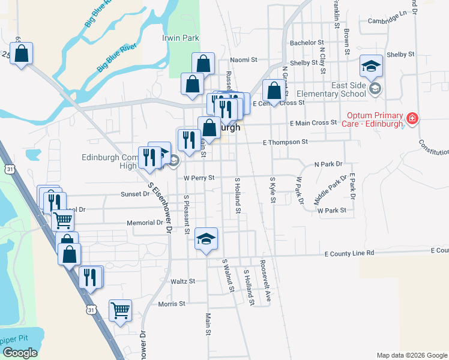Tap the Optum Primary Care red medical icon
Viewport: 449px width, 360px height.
click(x=412, y=118)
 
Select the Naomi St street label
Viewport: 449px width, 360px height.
click(x=244, y=60)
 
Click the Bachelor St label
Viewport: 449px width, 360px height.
click(x=307, y=43)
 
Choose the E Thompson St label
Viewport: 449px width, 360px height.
click(x=285, y=142)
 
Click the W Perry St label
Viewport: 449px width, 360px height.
click(x=199, y=178)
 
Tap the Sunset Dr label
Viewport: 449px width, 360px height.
click(x=135, y=194)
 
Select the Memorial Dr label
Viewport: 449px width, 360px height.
click(x=145, y=223)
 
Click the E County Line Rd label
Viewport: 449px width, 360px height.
click(x=345, y=253)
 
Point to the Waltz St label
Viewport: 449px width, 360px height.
click(x=183, y=281)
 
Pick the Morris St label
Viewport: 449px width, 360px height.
click(x=172, y=304)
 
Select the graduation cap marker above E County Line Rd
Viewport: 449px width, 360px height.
click(x=206, y=240)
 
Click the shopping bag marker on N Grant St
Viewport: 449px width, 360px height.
click(x=274, y=91)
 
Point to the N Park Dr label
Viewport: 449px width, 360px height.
click(x=328, y=164)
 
